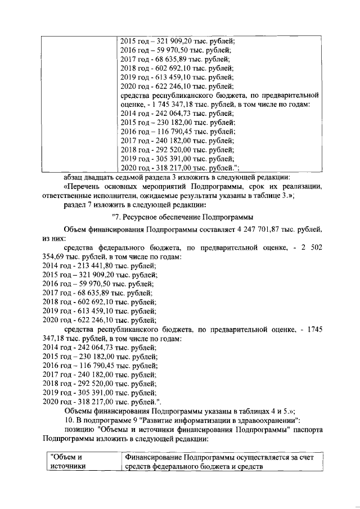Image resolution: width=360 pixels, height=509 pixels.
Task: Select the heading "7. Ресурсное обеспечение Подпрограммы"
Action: coord(183,217)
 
